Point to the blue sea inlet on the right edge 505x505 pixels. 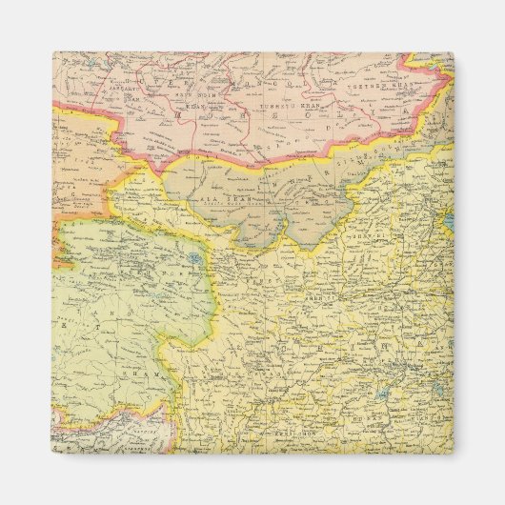(448, 222)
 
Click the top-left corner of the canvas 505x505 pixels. (52, 52)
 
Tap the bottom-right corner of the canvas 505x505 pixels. (454, 453)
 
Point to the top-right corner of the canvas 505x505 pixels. (454, 52)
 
